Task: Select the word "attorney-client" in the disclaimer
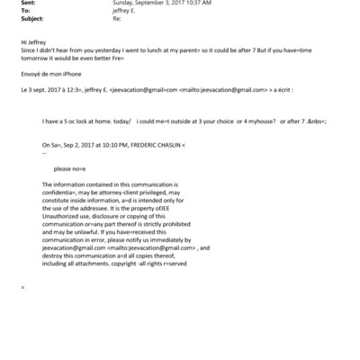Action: pos(112,192)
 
